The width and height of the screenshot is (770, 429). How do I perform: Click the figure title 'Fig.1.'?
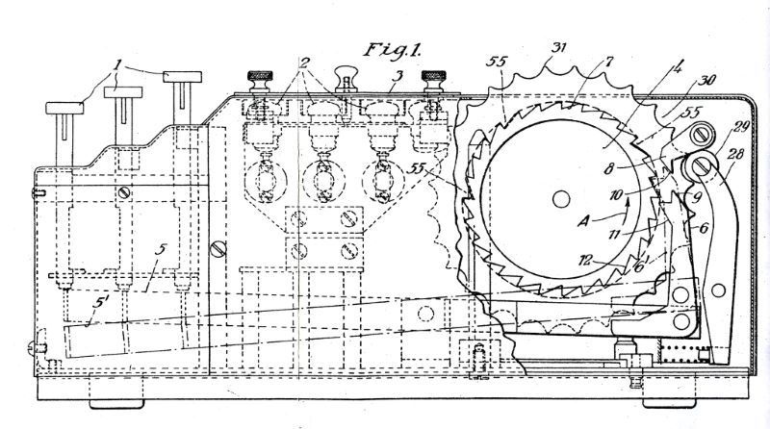tap(392, 50)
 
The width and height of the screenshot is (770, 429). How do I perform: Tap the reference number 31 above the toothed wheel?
tap(558, 47)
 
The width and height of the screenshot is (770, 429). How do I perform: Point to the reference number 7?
tap(609, 62)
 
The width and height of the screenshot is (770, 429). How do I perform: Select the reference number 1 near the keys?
tap(117, 64)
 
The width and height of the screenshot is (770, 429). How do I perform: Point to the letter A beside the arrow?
tap(583, 221)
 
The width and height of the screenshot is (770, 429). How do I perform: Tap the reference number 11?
tap(614, 234)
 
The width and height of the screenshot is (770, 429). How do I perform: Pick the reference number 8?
tap(608, 170)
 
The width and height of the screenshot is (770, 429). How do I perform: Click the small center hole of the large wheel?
tap(561, 199)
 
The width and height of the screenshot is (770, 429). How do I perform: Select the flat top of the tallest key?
tap(183, 77)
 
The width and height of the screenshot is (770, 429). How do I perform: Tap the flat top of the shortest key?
tap(64, 108)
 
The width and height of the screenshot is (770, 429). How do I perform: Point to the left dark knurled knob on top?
tap(260, 81)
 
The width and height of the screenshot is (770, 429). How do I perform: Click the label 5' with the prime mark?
tap(100, 303)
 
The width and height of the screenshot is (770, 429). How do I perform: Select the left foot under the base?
tap(116, 404)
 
